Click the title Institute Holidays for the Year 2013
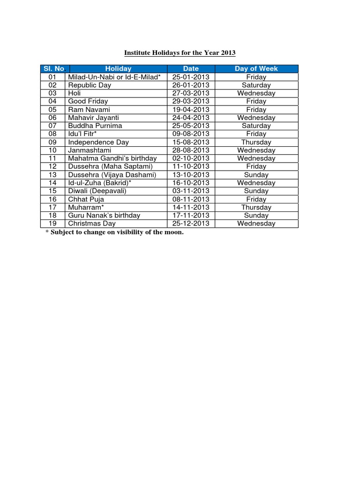tap(180, 53)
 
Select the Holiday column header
tap(118, 68)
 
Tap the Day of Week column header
tap(256, 68)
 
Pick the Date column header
tap(191, 68)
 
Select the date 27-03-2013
tap(191, 93)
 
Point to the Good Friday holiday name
tap(88, 101)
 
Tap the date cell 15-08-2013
tap(191, 142)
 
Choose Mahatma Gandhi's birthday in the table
tap(112, 158)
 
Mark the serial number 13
tap(52, 174)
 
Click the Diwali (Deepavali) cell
tap(97, 191)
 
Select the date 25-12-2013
tap(191, 223)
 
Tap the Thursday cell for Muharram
tap(256, 207)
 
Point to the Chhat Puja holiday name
tap(86, 199)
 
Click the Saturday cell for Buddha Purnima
tap(256, 126)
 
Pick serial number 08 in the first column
tap(52, 134)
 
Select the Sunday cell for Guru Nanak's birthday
tap(256, 215)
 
